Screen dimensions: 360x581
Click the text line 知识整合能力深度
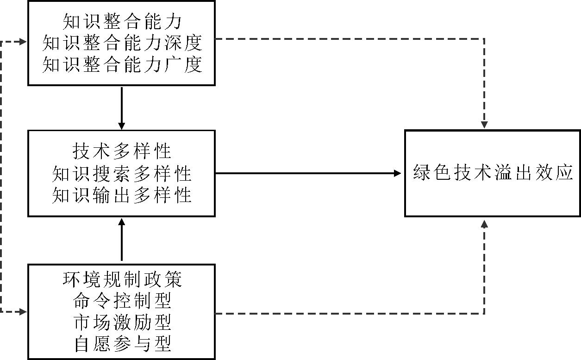(x=122, y=43)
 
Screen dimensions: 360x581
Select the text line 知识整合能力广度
(x=122, y=64)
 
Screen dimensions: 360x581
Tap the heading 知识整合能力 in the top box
(x=122, y=21)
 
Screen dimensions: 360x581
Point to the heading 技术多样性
(x=122, y=151)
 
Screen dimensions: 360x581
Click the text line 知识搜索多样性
(x=122, y=173)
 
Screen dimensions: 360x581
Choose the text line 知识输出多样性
(x=122, y=195)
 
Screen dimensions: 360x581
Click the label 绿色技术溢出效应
(x=493, y=173)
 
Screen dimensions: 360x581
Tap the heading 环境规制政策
(x=122, y=279)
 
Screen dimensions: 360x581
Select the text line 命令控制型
(x=122, y=301)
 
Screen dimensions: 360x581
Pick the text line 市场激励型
(x=122, y=322)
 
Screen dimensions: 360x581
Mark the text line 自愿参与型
(x=122, y=344)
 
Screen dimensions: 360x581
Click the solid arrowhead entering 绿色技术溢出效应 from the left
(x=398, y=173)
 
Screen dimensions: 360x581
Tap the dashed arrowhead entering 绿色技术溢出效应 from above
(x=484, y=125)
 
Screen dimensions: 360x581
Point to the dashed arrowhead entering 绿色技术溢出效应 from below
(x=484, y=224)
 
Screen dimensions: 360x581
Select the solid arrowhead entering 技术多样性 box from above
(x=122, y=126)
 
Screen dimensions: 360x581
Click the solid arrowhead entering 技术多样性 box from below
(x=122, y=221)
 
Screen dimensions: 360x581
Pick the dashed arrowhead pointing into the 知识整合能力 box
(x=24, y=42)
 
